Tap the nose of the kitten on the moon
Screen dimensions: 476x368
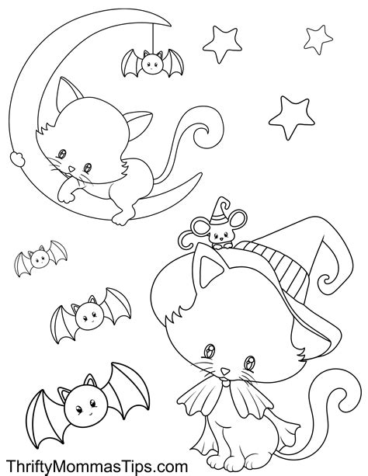coord(71,168)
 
